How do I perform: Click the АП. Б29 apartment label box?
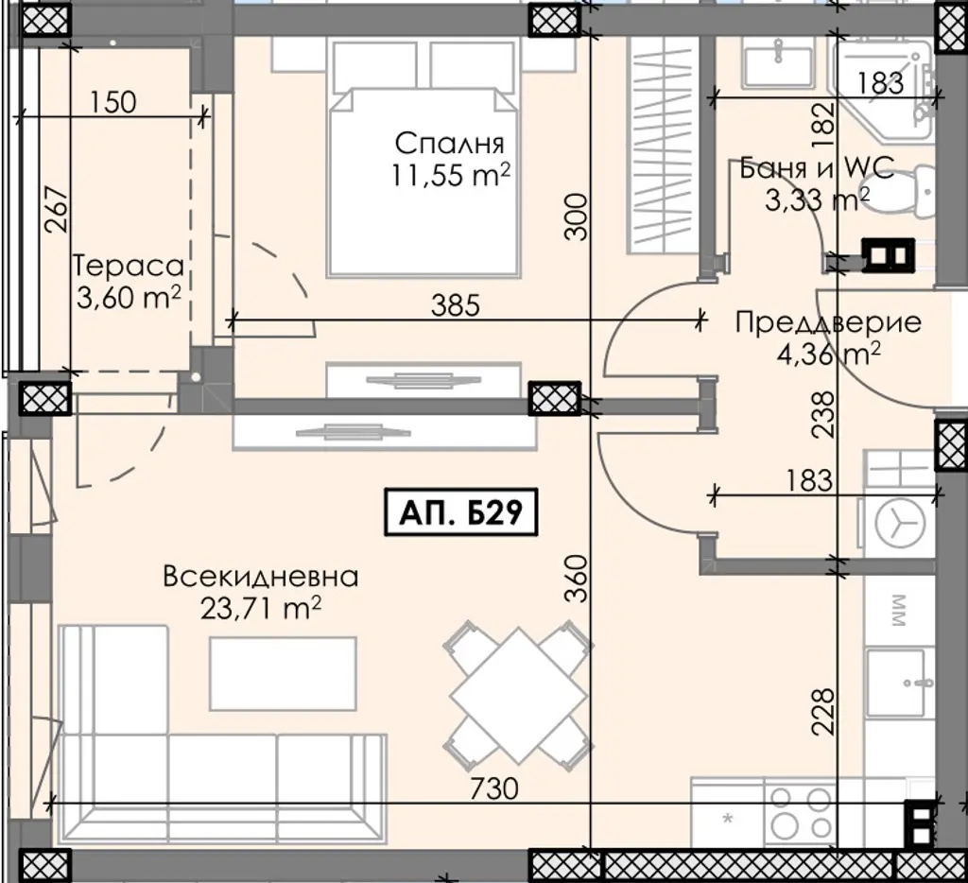(461, 511)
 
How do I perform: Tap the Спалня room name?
(449, 144)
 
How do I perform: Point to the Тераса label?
(129, 267)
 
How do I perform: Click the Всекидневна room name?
(261, 577)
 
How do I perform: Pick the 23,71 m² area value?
(261, 609)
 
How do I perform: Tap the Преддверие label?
(828, 323)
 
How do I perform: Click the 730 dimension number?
(493, 788)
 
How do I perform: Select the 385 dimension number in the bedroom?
(456, 305)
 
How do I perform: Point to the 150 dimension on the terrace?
(113, 102)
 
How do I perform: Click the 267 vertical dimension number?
(58, 209)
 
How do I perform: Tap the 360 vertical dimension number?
(576, 579)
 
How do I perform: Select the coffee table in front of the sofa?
(284, 674)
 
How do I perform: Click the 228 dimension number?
(823, 712)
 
